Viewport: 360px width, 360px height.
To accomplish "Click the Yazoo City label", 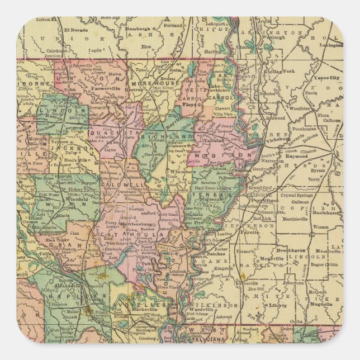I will coord(326,78).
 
